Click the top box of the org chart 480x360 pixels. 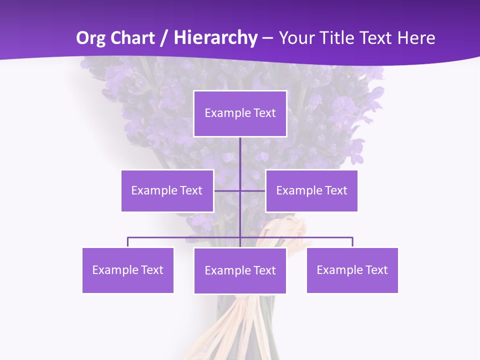(x=240, y=113)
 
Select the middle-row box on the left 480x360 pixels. (x=167, y=190)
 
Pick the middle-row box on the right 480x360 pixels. (x=311, y=190)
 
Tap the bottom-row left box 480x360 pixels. (x=127, y=270)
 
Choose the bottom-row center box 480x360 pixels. (x=240, y=270)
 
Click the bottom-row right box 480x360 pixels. (x=352, y=270)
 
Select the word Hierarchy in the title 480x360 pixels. (x=215, y=38)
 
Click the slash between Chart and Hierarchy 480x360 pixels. (x=163, y=38)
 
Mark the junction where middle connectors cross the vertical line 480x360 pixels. (x=240, y=190)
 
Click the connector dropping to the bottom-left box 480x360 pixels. (x=128, y=242)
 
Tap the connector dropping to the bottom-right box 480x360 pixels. (x=352, y=242)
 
